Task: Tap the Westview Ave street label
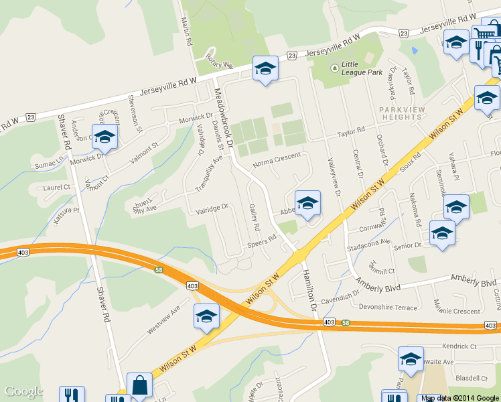click(163, 320)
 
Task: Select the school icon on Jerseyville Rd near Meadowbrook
click(265, 68)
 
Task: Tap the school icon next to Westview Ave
click(206, 316)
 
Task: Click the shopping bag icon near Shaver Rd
click(139, 386)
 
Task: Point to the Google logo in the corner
click(23, 391)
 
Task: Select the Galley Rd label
click(255, 217)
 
